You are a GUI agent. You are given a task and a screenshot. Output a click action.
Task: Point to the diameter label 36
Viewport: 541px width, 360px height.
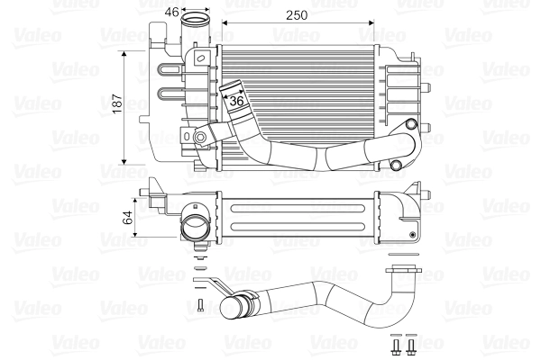[x=237, y=102]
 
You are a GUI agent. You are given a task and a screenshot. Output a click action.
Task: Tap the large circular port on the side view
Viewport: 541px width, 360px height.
[x=194, y=224]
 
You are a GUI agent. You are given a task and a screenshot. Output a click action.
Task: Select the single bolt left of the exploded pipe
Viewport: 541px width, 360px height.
[x=201, y=306]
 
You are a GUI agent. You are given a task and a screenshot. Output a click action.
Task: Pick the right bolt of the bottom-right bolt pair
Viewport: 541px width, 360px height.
[x=411, y=345]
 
